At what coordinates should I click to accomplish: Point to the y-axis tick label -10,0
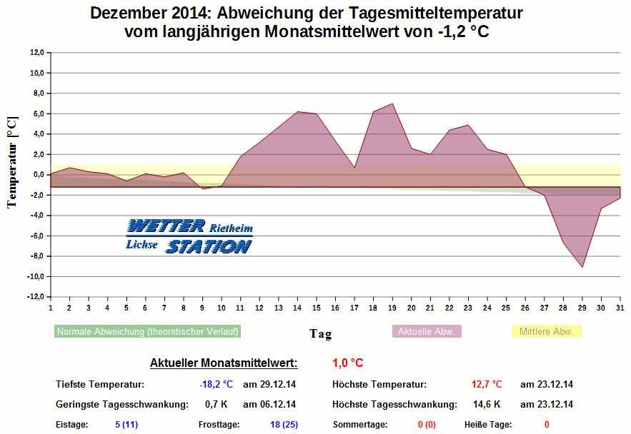coord(36,277)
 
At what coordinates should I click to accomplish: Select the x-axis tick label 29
coord(582,308)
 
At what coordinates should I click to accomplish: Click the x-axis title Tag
coord(320,333)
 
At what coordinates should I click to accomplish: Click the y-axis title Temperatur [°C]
coord(11,163)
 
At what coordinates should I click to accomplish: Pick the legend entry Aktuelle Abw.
coord(427,332)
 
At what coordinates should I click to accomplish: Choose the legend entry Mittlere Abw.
coord(547,332)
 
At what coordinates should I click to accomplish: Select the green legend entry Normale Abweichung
coord(147,332)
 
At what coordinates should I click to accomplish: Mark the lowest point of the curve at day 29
coord(582,267)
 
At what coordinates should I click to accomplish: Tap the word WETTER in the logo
coord(166,226)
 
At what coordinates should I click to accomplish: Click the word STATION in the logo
coord(208,247)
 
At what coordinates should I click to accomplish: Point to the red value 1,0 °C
coord(348,363)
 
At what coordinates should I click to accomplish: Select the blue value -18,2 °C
coord(217,385)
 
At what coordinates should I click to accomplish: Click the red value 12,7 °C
coord(487,385)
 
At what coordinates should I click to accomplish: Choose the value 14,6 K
coord(487,405)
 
